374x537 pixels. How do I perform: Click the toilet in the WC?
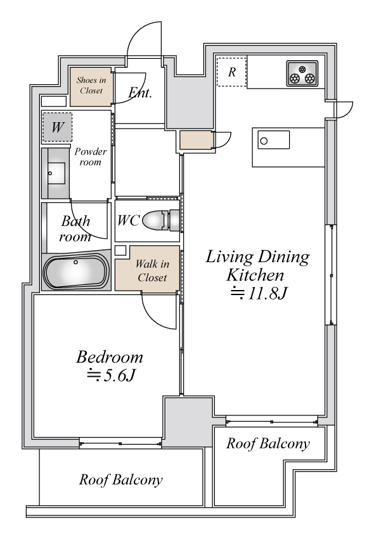click(161, 220)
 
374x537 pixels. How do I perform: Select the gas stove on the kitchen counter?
click(302, 73)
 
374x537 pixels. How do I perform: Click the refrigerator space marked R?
click(232, 72)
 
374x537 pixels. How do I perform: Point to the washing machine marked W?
click(57, 127)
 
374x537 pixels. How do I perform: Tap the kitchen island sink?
click(274, 140)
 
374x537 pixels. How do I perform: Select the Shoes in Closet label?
click(91, 85)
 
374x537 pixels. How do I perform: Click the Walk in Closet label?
click(152, 270)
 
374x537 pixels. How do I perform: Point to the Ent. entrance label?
click(140, 92)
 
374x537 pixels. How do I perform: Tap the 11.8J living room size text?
click(258, 293)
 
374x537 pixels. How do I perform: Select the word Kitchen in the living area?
click(255, 275)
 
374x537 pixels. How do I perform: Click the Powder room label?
click(91, 156)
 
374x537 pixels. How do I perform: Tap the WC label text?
click(128, 220)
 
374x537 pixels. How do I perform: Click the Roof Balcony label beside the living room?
click(268, 443)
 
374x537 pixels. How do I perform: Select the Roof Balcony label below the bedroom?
click(120, 479)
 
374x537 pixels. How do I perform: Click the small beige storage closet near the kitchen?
click(197, 140)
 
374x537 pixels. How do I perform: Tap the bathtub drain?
click(76, 263)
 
